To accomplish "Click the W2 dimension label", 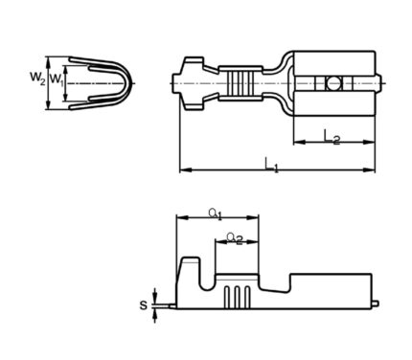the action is pyautogui.click(x=37, y=78).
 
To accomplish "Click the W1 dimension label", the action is pyautogui.click(x=57, y=79).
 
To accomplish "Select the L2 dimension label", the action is pyautogui.click(x=332, y=137).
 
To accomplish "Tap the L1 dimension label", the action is pyautogui.click(x=272, y=166).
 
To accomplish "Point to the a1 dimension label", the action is pyautogui.click(x=216, y=214).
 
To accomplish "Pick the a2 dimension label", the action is pyautogui.click(x=235, y=238).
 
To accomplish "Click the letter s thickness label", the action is pyautogui.click(x=144, y=305).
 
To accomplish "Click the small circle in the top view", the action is pyautogui.click(x=333, y=83).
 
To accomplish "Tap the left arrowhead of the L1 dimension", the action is pyautogui.click(x=185, y=170).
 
